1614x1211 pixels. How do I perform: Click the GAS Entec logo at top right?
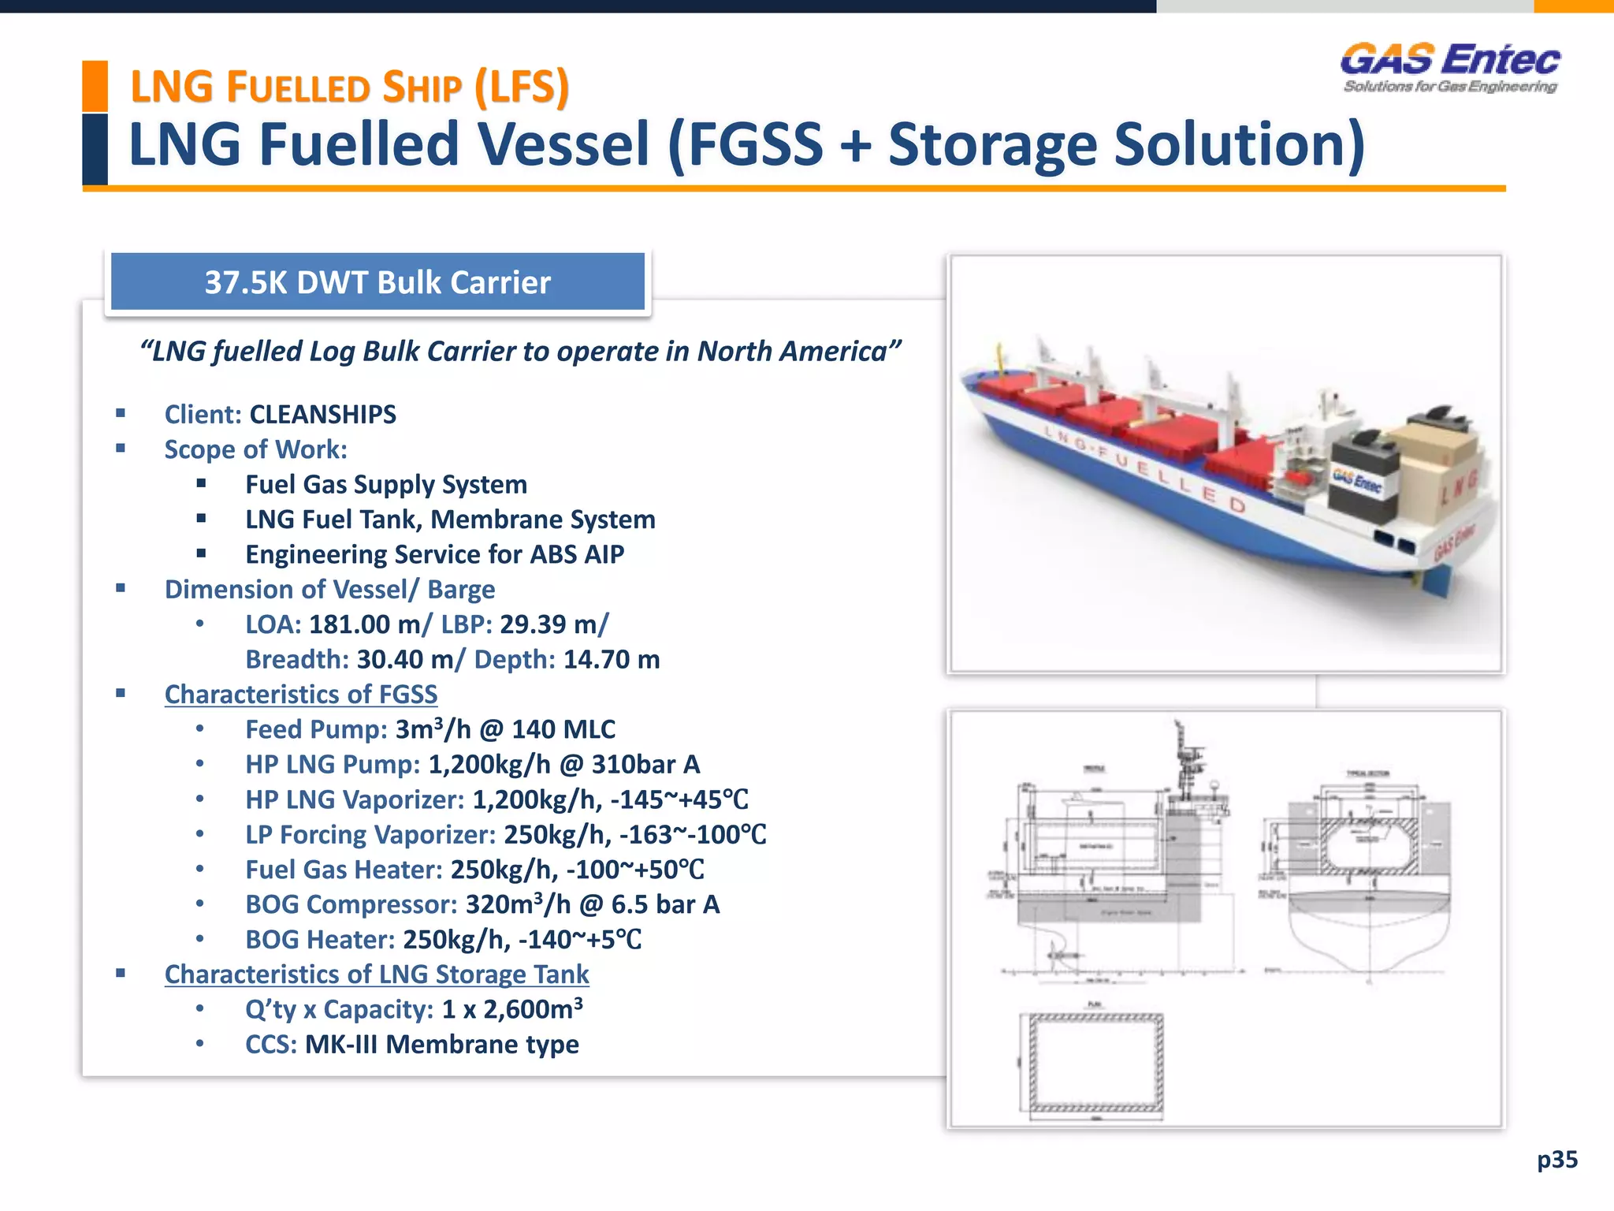(1450, 68)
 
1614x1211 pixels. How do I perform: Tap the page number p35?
(1556, 1159)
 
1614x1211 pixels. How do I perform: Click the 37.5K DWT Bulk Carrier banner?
(377, 282)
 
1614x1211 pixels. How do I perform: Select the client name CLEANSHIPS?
(322, 414)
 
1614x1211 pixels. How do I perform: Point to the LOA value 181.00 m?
(365, 624)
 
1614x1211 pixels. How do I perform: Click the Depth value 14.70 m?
(612, 659)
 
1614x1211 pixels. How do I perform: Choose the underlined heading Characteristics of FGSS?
(300, 694)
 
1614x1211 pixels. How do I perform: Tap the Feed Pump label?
(316, 729)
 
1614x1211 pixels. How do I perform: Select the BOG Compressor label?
(351, 904)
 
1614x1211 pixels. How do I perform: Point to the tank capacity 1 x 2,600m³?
(512, 1009)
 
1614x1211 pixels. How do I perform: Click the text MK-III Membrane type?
(441, 1044)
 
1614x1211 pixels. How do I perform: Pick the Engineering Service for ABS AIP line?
(434, 554)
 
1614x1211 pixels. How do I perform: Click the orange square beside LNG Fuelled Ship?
(95, 86)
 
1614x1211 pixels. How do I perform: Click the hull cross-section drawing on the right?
(1370, 883)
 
